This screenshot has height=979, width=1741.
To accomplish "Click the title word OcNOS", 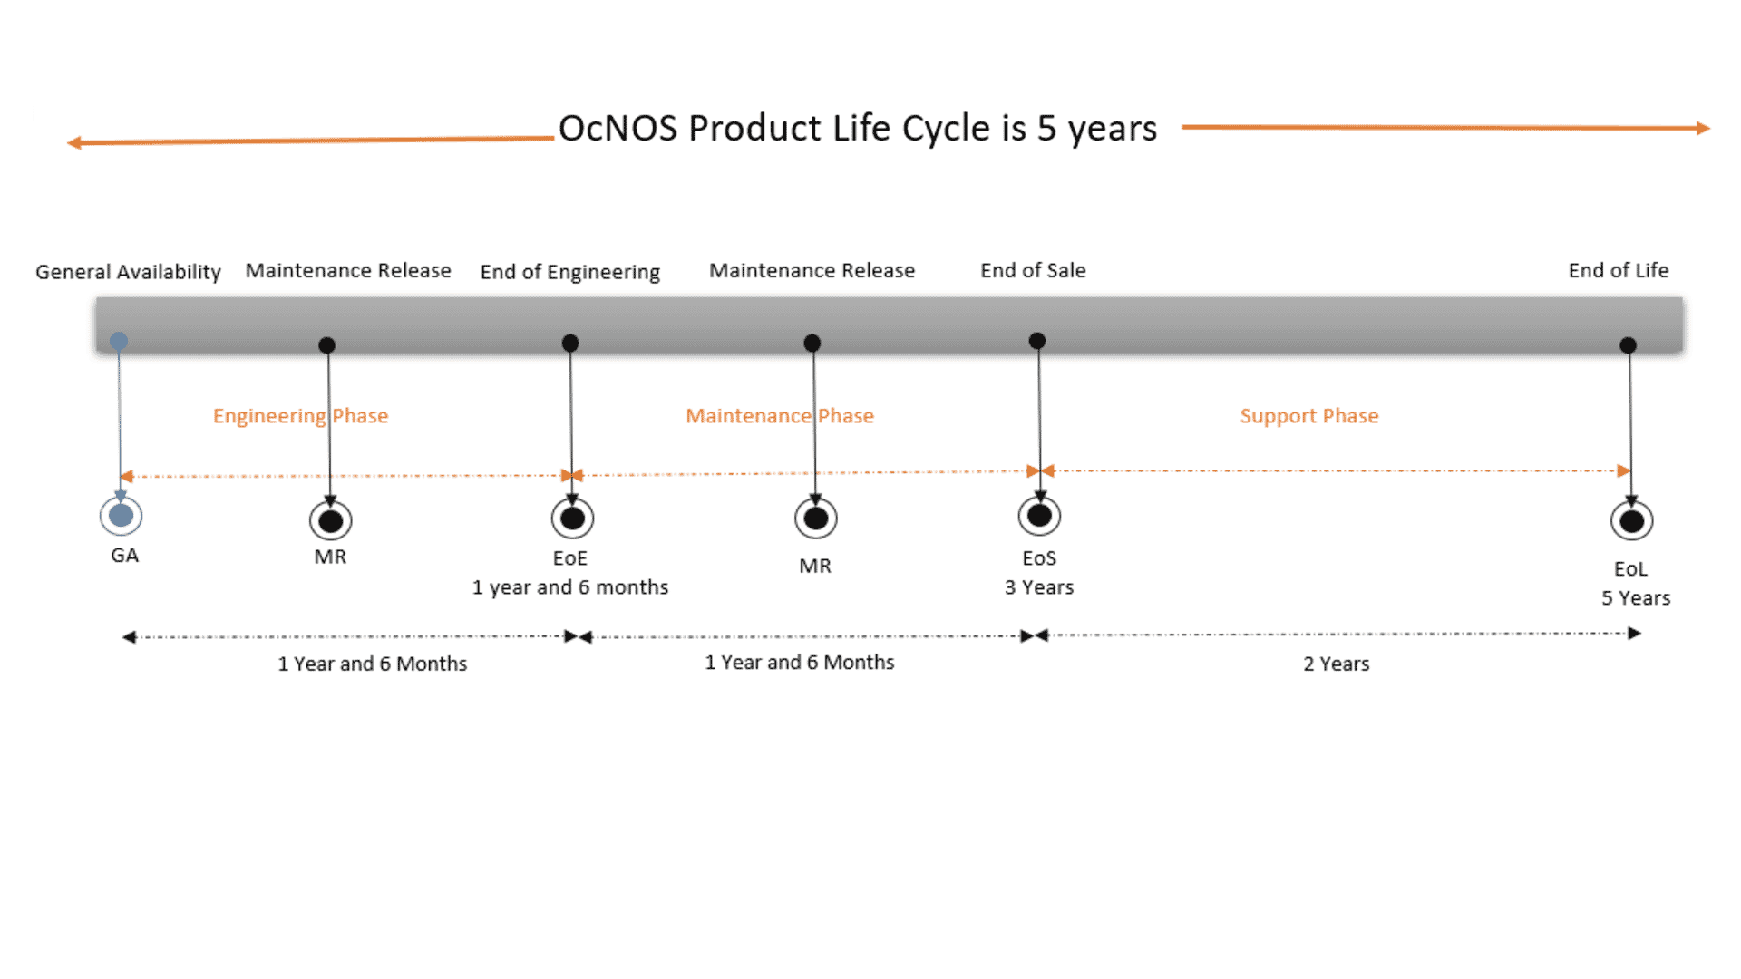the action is point(618,129).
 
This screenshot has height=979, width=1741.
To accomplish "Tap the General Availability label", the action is point(128,272).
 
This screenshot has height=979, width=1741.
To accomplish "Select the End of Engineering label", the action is point(570,272).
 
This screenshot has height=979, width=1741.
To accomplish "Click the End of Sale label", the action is point(1033,270).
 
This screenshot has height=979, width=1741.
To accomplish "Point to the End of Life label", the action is point(1619,270).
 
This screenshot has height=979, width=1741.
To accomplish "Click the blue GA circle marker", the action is point(121,516).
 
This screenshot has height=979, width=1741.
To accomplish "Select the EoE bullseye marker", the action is point(572,519).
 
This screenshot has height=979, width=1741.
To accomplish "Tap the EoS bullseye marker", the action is point(1039,516).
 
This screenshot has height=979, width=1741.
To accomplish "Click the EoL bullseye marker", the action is point(1631,521).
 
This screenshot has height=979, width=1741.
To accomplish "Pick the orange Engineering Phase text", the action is point(300,416).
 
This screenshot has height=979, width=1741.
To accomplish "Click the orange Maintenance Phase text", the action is point(780,416).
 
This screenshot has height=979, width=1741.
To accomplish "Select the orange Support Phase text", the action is point(1309,416).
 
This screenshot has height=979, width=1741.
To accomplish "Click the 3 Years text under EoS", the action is point(1039,587).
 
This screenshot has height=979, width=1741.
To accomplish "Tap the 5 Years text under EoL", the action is point(1636,598).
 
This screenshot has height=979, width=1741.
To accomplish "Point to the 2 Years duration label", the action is point(1337,664).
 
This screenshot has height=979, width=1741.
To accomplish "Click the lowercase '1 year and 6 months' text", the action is point(570,587).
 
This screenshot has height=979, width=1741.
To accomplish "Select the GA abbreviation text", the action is point(125,555).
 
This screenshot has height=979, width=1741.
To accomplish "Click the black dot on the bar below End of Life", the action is point(1628,345).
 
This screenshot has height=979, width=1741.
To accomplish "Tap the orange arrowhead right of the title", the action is point(1704,129).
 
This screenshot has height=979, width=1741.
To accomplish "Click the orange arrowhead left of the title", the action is point(74,142).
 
